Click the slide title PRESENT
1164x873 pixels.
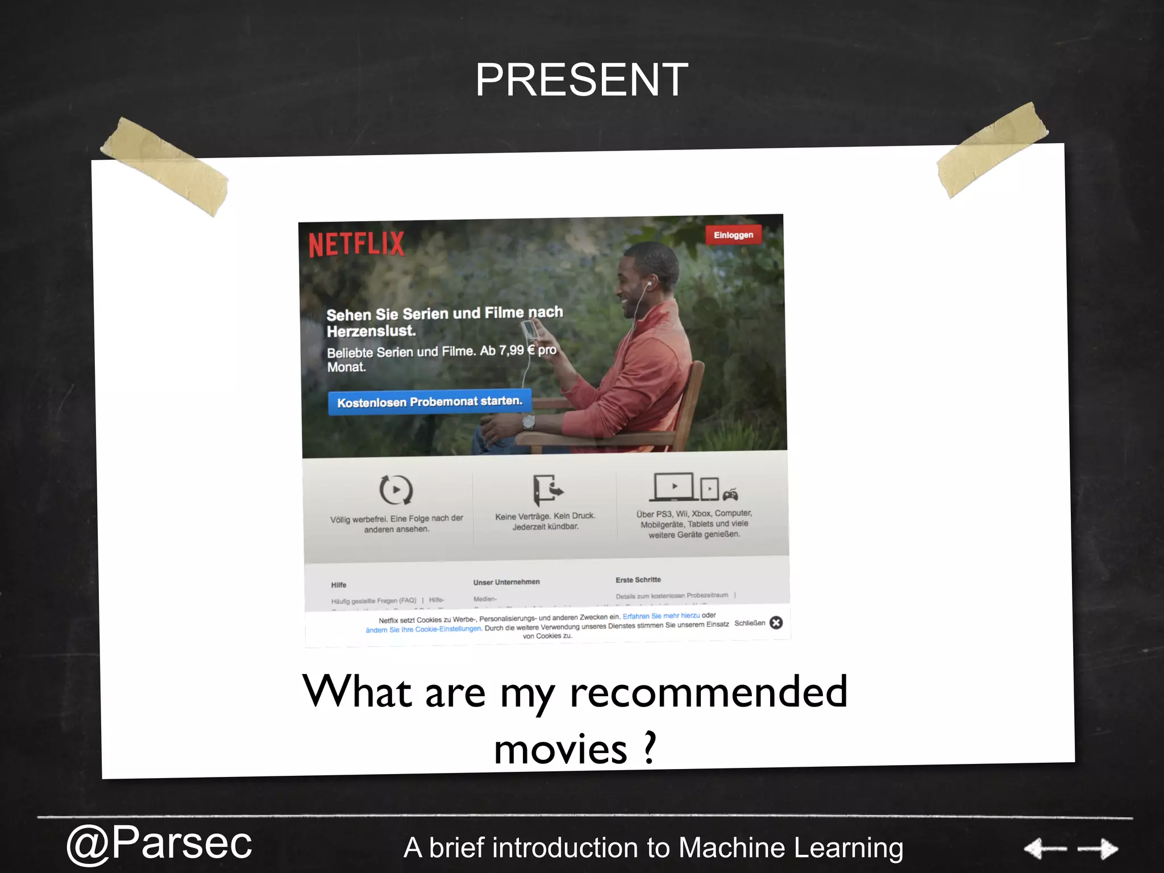(581, 80)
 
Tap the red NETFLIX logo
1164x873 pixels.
(356, 244)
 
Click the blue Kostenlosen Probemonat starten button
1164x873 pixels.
(429, 402)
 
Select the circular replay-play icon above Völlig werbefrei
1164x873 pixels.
(396, 489)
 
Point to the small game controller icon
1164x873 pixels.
(730, 494)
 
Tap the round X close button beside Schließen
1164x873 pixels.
(776, 623)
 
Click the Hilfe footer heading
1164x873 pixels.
(339, 585)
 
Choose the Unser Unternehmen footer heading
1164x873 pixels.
(506, 582)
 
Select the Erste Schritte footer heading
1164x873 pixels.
(638, 580)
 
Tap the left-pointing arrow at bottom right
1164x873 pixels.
(1045, 849)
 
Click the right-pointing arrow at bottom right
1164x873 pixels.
(1098, 849)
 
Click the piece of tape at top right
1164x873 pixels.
(992, 149)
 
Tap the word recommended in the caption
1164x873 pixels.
(708, 692)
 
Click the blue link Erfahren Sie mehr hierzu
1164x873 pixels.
(661, 616)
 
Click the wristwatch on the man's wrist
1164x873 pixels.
(529, 422)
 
